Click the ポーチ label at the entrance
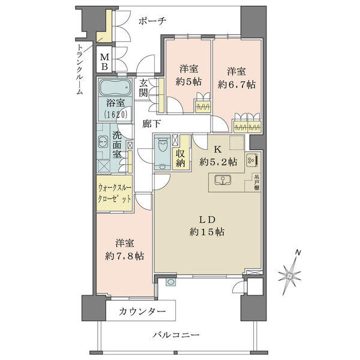point(152,21)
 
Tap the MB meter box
point(104,61)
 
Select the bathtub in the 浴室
point(115,88)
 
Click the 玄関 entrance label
point(143,88)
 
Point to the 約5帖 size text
point(188,82)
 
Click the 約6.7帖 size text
point(236,85)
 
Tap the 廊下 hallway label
point(151,124)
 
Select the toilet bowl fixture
point(163,145)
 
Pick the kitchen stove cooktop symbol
point(252,160)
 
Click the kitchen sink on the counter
point(223,179)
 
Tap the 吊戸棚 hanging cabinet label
point(256,182)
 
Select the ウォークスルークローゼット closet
point(115,193)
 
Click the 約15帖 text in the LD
point(207,232)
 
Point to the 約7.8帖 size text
point(124,256)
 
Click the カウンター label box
point(141,310)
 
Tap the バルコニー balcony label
point(176,335)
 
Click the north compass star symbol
point(290,274)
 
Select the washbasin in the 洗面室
point(103,142)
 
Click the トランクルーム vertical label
point(80,70)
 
